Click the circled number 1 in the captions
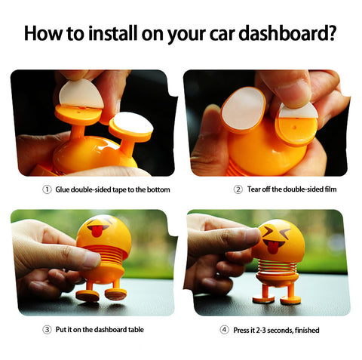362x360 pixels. pos(46,189)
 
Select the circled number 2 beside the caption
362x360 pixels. pos(238,189)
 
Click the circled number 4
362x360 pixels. pos(224,329)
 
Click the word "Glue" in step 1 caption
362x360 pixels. pos(63,189)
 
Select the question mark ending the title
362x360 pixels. pos(330,34)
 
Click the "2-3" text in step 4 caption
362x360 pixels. pos(265,329)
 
